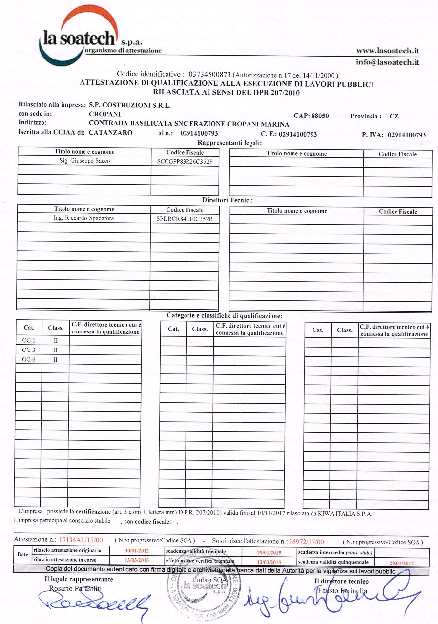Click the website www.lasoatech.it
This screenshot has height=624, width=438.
tap(388, 50)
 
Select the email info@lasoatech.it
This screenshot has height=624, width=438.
tap(388, 62)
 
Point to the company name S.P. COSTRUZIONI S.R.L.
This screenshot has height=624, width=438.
tap(130, 105)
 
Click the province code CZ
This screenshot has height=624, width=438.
tap(394, 117)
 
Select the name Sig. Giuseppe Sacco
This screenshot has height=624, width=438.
tap(84, 160)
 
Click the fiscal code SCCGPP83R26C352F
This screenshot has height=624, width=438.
tap(185, 161)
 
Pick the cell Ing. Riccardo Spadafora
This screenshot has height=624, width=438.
tap(84, 218)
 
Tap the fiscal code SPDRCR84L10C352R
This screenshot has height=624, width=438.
tap(185, 219)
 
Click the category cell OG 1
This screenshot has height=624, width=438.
tap(29, 340)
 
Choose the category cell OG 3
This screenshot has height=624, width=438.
tap(29, 350)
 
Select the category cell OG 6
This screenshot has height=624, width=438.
tap(29, 359)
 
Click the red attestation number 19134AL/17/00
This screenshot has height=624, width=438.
tap(81, 540)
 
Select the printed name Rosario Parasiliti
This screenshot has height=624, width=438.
tap(75, 588)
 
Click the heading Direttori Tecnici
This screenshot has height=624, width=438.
tap(228, 200)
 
